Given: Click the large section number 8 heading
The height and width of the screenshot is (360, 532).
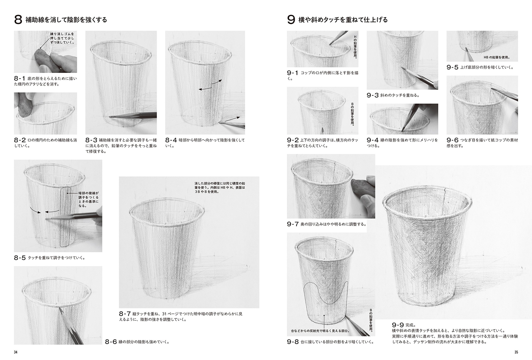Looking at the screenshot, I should click(x=18, y=20).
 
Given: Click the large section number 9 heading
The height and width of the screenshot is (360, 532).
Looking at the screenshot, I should click(x=291, y=20).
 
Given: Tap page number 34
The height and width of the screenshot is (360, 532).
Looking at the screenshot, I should click(x=16, y=352).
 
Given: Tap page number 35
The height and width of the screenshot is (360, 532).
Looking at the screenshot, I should click(x=516, y=352).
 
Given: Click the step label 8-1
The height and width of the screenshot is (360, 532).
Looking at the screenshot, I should click(x=20, y=79).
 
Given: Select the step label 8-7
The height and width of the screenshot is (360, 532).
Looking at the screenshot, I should click(x=125, y=313).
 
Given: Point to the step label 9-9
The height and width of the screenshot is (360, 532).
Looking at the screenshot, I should click(x=398, y=325).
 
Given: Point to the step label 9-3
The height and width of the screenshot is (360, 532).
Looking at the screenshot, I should click(x=372, y=95).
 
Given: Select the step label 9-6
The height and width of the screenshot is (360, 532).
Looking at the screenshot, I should click(x=453, y=140).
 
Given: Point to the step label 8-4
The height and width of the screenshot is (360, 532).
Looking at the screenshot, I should click(x=171, y=140).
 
